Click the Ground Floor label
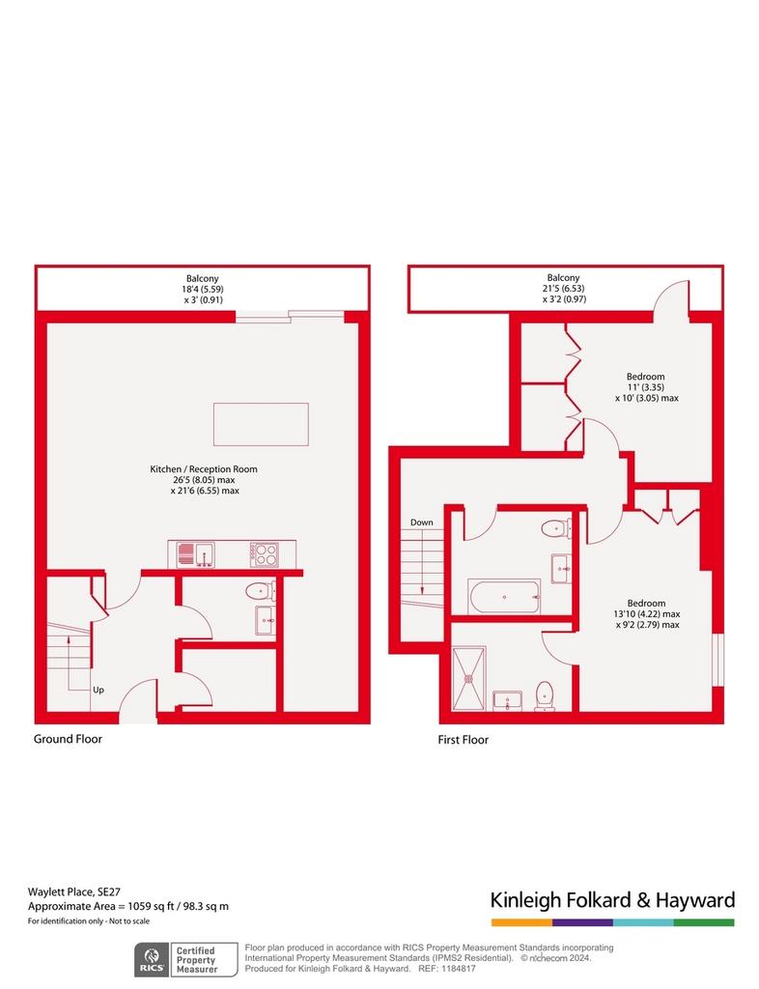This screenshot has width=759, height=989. tap(68, 739)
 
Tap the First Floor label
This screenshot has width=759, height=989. tap(463, 740)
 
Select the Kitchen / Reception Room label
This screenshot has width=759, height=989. tap(204, 469)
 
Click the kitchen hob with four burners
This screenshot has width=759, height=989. tap(264, 554)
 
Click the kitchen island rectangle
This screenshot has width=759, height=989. tap(261, 425)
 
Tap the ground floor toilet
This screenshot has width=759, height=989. tap(260, 591)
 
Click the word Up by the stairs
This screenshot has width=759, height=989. tap(98, 690)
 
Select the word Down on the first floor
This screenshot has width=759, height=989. tap(422, 523)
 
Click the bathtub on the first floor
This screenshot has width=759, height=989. tap(504, 596)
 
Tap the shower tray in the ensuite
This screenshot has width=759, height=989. tap(469, 678)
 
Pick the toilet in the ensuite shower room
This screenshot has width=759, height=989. tap(545, 695)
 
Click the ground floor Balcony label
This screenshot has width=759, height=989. tap(203, 278)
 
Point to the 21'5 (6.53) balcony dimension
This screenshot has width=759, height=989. tap(563, 288)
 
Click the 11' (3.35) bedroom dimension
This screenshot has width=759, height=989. tap(645, 387)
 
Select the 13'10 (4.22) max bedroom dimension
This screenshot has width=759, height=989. tap(647, 613)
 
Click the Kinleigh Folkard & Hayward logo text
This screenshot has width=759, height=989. tap(613, 900)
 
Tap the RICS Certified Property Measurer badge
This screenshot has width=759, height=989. tap(186, 959)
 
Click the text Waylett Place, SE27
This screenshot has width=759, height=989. tap(73, 891)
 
